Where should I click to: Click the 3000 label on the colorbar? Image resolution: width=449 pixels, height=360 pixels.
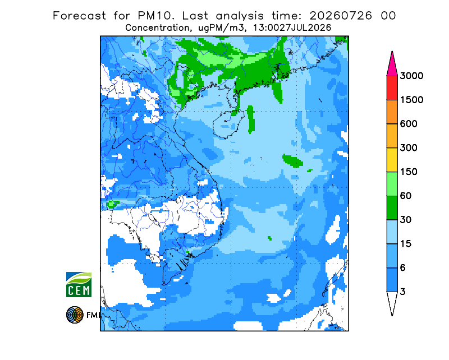click(411, 76)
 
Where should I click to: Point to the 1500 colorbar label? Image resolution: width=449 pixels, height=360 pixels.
click(411, 100)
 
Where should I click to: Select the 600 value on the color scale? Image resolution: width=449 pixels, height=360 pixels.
click(409, 124)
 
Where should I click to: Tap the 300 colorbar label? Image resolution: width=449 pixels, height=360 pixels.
click(409, 148)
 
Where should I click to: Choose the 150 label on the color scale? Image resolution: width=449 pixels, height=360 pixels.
click(409, 172)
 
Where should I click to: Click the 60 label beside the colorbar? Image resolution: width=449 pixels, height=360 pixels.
click(406, 196)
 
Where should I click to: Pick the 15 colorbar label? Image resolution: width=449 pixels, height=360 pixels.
click(406, 244)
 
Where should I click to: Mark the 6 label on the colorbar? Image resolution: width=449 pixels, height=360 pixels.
click(403, 268)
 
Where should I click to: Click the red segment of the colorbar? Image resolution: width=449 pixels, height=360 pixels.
click(392, 88)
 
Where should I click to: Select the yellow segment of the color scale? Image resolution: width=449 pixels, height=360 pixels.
click(392, 160)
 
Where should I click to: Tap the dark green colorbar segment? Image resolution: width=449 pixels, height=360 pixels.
click(392, 208)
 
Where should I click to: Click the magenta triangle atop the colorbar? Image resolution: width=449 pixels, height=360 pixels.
click(392, 66)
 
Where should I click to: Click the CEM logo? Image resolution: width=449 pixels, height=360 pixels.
click(79, 284)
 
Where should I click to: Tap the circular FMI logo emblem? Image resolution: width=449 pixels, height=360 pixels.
click(75, 315)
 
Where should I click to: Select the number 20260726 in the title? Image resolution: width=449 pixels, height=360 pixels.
click(341, 16)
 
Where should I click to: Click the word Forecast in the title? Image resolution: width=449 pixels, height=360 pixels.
click(79, 16)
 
